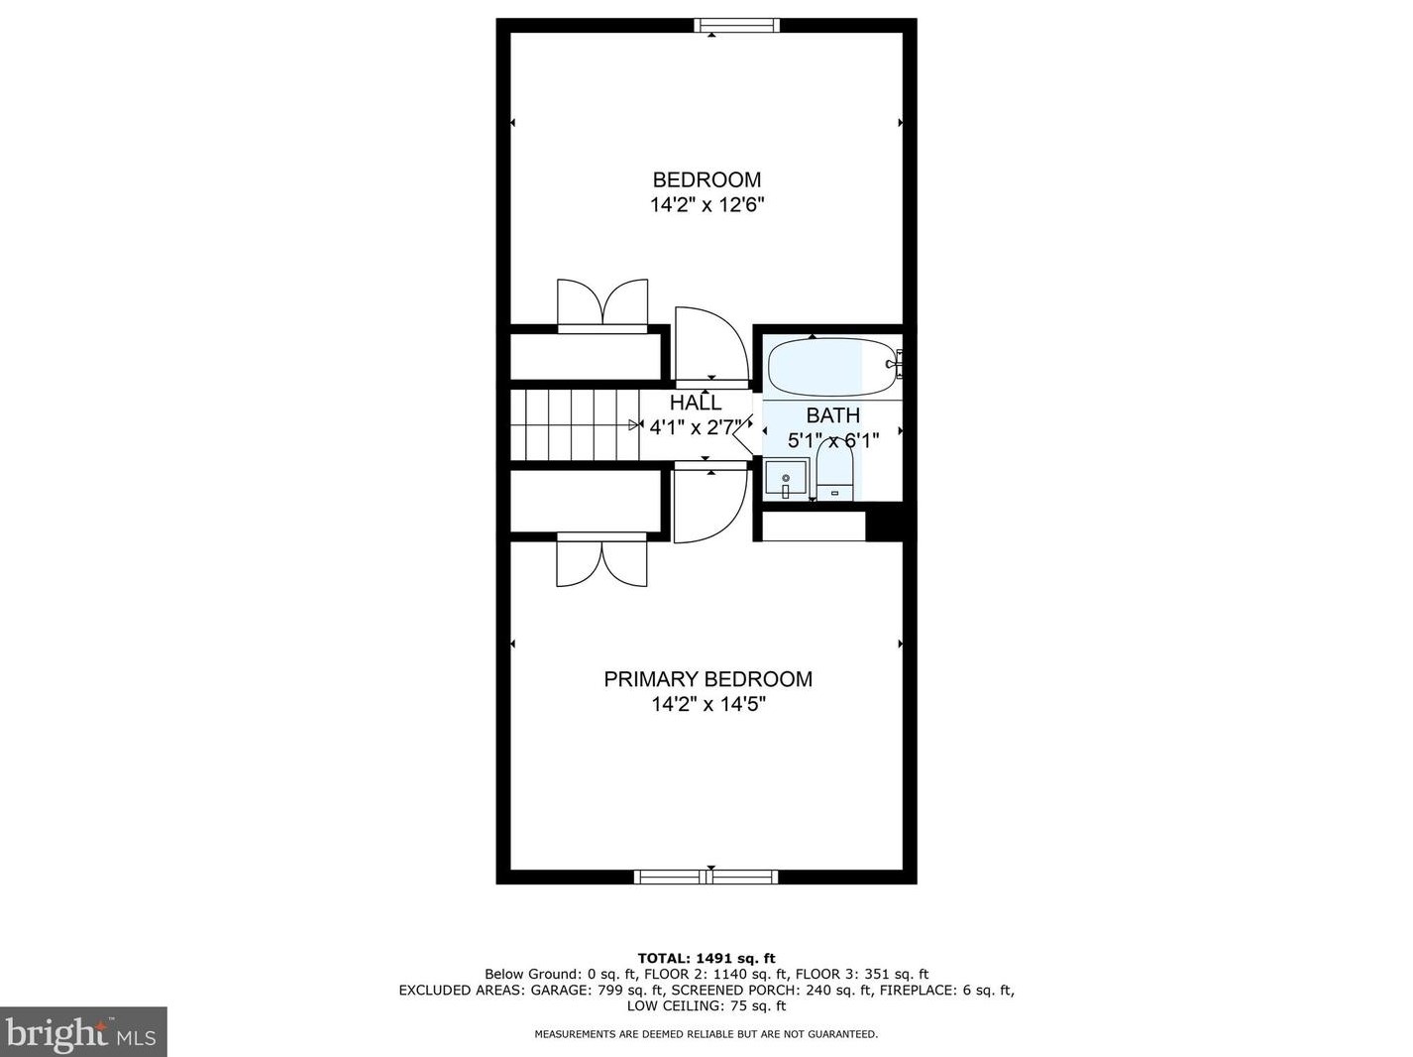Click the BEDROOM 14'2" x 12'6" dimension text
pos(706,205)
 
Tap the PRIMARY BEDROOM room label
pos(707,679)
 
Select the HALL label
pos(696,403)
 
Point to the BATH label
pos(833,415)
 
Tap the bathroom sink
pos(786,479)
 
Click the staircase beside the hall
pos(574,424)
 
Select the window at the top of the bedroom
pos(737,25)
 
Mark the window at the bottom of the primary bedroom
pos(706,877)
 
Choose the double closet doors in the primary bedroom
pos(601,560)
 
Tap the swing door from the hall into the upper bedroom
pos(711,346)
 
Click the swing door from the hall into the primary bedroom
pos(710,503)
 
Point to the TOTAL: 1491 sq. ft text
pos(706,959)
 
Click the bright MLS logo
pos(82,1032)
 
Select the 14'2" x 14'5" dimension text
pos(708,704)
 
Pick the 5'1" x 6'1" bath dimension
pos(833,440)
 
